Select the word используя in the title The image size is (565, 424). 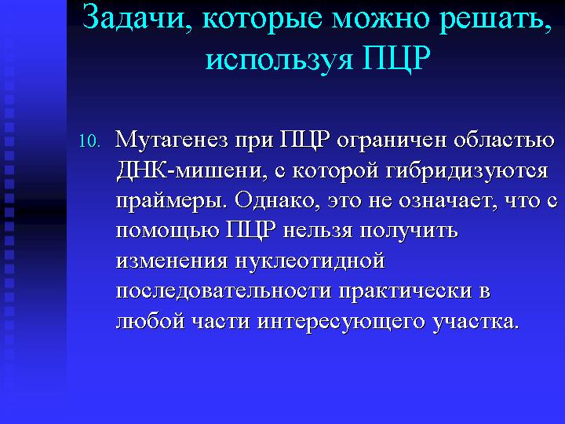pos(279,59)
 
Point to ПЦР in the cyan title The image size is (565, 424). pos(396,57)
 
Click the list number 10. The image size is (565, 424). pos(89,141)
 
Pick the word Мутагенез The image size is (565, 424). pos(172,140)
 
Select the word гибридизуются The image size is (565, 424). pos(468,172)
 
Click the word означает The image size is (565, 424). pos(445,201)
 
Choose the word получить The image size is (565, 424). pos(409,232)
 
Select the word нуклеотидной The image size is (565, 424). pos(310,261)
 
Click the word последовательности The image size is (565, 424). pos(224,291)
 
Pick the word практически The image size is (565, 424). pos(406,292)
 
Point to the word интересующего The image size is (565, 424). pos(341,323)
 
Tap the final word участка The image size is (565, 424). pos(476,323)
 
